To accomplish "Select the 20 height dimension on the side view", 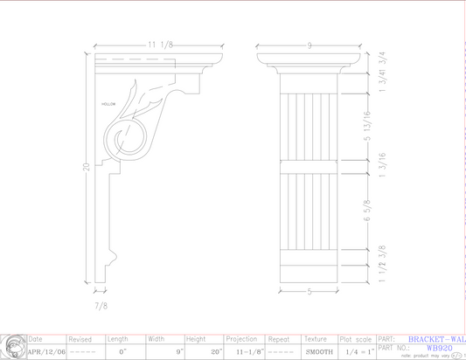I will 87,167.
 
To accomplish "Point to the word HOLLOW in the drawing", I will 108,104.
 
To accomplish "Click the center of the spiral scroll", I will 120,138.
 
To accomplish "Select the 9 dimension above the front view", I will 310,45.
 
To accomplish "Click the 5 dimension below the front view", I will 309,293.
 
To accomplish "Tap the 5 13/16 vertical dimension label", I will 380,127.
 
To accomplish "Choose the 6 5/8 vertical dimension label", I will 380,213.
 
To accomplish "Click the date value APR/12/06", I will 45,352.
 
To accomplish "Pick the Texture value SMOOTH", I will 319,352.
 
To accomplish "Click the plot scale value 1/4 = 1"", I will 359,352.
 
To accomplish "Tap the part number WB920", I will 440,347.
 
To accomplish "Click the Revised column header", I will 80,339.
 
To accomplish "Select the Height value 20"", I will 216,352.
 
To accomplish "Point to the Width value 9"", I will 178,352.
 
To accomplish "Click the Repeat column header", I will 280,339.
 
